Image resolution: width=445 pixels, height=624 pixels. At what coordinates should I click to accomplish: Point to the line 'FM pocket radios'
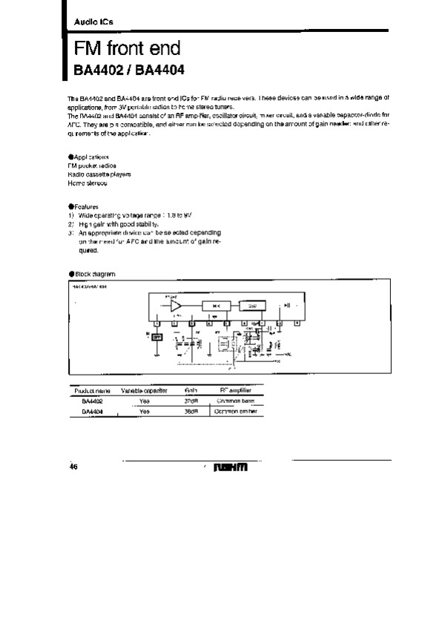point(90,166)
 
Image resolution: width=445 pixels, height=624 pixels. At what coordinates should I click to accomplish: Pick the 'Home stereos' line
point(88,183)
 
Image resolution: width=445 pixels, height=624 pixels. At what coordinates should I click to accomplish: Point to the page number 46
point(73,467)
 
